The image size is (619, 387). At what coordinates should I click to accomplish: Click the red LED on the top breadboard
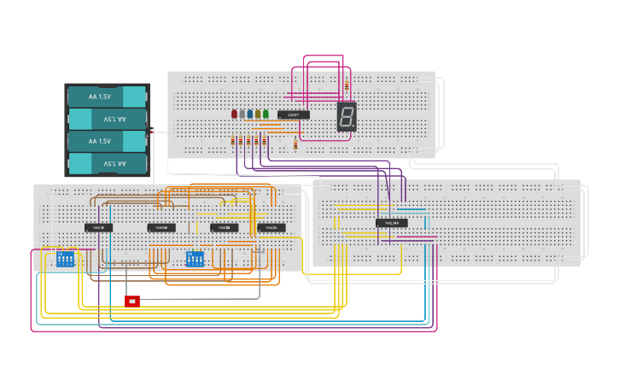pos(234,114)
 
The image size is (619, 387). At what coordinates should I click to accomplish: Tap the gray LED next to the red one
pos(242,114)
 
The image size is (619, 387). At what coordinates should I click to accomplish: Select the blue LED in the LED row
pos(250,114)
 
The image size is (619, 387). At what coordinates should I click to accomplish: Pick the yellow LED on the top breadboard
pos(258,114)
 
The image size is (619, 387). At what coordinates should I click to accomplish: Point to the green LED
pos(266,114)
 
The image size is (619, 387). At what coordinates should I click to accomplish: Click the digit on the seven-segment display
pos(346,116)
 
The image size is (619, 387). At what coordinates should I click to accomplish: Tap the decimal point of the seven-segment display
pos(353,126)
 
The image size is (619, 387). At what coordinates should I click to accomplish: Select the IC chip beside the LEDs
pos(293,114)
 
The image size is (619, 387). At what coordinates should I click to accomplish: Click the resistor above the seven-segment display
pos(346,86)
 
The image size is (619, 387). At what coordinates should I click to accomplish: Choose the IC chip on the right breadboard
pos(391,223)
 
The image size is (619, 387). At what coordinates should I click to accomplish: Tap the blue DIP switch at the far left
pos(65,258)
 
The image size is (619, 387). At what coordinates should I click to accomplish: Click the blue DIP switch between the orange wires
pos(195,258)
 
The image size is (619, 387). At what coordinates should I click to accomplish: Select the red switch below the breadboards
pos(131,301)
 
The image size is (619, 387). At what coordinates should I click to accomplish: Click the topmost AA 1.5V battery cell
pos(107,97)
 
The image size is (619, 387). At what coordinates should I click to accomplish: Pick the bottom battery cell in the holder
pos(107,163)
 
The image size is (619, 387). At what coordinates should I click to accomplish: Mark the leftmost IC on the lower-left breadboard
pos(98,227)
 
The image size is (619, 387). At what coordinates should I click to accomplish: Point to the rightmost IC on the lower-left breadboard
pos(272,227)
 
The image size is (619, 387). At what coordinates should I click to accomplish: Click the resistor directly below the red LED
pos(233,141)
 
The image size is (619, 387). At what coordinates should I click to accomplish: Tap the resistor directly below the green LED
pos(265,141)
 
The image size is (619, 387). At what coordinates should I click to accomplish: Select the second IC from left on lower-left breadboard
pos(161,227)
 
